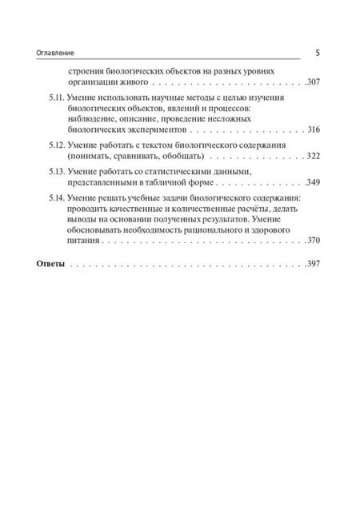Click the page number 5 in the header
[317, 52]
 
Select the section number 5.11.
[50, 96]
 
